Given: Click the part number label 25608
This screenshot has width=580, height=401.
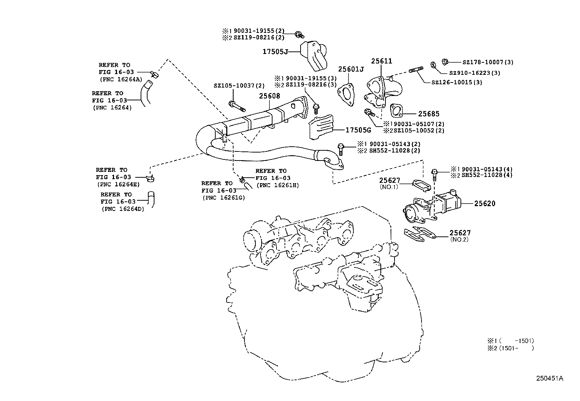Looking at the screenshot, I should click(x=270, y=96).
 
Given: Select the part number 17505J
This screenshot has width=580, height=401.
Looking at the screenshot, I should click(x=275, y=52).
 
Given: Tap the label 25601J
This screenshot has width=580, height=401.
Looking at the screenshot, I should click(x=351, y=69).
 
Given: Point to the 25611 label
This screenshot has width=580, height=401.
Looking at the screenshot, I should click(x=381, y=61).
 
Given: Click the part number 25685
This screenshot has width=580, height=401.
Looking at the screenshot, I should click(x=428, y=114).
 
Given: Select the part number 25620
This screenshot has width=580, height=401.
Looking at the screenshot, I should click(x=485, y=204).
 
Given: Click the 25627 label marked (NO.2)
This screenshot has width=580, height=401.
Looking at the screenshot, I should click(x=460, y=233).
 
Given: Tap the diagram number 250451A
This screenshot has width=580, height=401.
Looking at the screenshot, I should click(x=549, y=378).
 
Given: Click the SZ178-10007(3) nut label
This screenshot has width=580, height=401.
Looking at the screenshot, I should click(x=488, y=62).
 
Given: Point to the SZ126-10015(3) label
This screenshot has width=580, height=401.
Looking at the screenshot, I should click(x=456, y=82).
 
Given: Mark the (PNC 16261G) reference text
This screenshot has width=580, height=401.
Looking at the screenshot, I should click(x=224, y=197).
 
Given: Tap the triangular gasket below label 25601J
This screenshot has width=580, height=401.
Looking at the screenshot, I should click(x=346, y=95).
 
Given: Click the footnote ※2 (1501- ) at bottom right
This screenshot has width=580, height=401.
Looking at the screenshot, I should click(x=511, y=348).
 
